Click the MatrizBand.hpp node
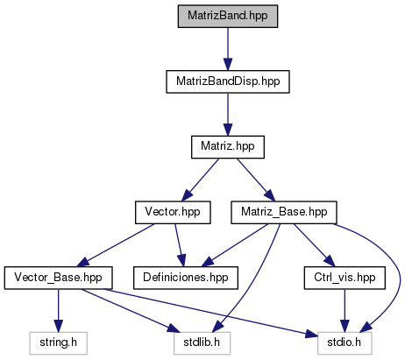pos(228,16)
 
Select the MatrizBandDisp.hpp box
pos(228,81)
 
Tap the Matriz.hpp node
pos(228,147)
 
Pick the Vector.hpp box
pos(173,212)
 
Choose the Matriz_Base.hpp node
pos(284,212)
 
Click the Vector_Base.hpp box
pos(58,278)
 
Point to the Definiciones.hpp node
pos(186,278)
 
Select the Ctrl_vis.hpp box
pos(345,278)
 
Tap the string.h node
pos(58,343)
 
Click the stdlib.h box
pos(202,343)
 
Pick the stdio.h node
pos(345,343)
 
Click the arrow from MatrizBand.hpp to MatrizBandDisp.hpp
pos(228,49)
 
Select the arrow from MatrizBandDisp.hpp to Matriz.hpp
pos(228,115)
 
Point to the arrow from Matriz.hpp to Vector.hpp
pos(200,180)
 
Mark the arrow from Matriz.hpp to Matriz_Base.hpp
pos(256,180)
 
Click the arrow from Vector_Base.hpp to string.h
pos(58,311)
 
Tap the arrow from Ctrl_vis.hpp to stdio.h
pos(345,311)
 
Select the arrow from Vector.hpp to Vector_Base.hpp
pos(115,245)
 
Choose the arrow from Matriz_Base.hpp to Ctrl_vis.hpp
pos(314,245)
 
